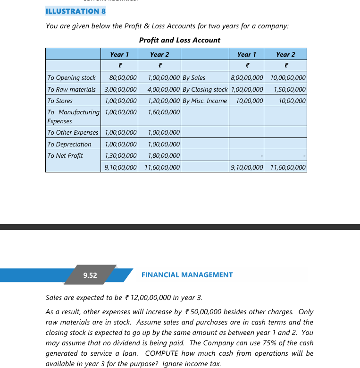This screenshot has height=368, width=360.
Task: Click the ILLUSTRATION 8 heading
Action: coord(75,11)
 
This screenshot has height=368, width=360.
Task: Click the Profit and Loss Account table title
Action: coord(179,40)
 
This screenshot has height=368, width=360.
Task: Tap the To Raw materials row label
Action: coord(71,89)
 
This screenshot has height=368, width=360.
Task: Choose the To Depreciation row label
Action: coord(69,144)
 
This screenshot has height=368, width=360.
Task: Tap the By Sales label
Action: coord(194,77)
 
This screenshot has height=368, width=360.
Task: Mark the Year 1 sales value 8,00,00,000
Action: coord(247,77)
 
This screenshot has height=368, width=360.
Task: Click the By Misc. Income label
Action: coord(205,101)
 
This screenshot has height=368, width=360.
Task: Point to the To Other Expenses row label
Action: coord(73,133)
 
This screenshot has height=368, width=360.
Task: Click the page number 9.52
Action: coord(90,275)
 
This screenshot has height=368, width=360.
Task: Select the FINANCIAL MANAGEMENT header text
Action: coord(187,274)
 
